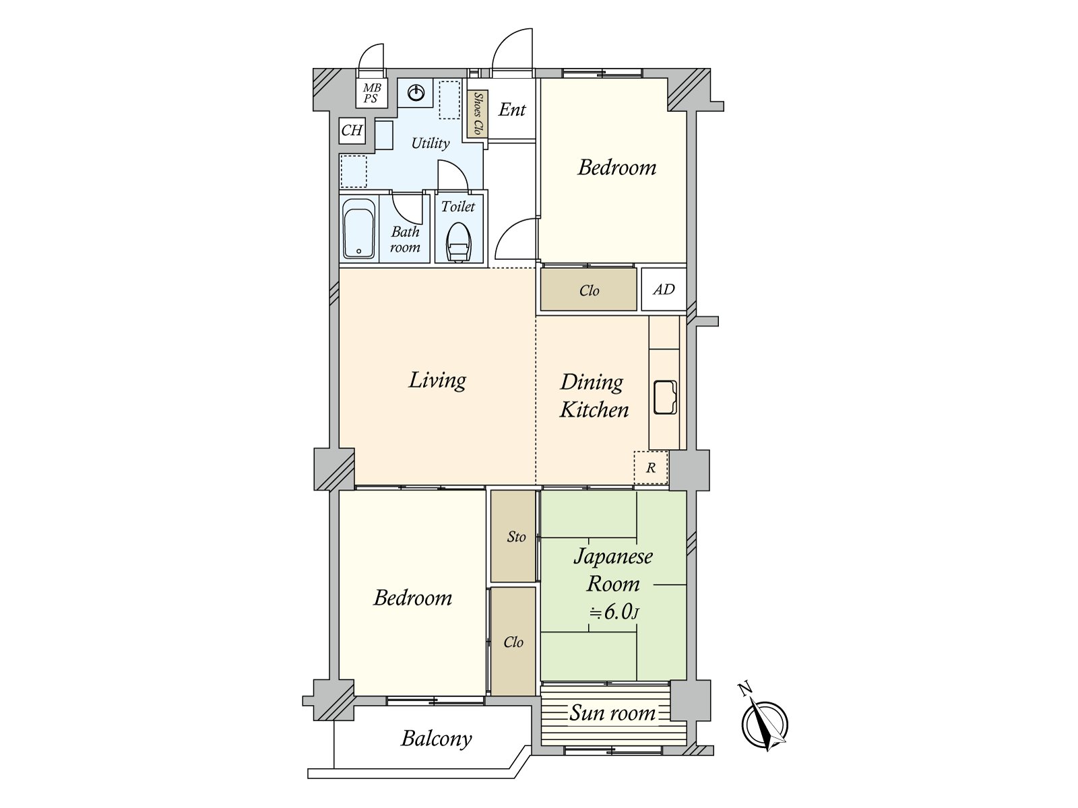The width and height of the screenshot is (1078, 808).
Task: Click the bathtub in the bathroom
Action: tap(359, 228)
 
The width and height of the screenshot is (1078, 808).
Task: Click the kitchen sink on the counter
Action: tap(665, 397)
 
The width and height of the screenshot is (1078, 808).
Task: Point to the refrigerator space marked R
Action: tap(651, 467)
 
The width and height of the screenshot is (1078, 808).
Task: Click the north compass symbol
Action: tap(764, 724)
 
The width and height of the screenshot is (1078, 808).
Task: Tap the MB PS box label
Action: tap(372, 93)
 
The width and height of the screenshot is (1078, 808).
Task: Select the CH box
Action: tap(352, 131)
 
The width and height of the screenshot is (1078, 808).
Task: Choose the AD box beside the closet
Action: tap(664, 290)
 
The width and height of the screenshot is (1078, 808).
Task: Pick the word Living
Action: tap(437, 380)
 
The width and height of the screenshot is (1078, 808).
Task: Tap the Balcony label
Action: tap(436, 739)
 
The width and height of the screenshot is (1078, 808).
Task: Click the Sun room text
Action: tap(612, 713)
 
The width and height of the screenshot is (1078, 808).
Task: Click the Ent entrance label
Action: tap(512, 109)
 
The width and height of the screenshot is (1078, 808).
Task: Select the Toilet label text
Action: tap(457, 207)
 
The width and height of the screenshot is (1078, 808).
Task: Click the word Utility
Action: tap(431, 143)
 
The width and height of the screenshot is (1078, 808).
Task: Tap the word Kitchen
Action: tap(594, 410)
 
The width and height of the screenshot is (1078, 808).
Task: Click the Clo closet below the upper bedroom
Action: tap(589, 290)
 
